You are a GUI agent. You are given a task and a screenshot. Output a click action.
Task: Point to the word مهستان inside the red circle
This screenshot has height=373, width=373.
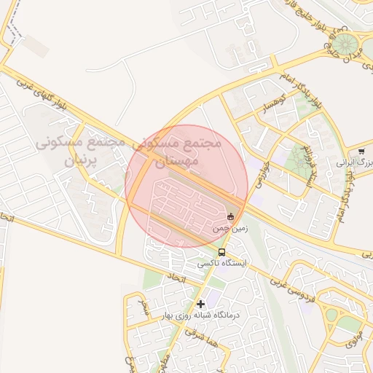[173, 160]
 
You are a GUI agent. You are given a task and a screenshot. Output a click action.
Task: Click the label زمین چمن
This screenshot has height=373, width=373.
[230, 228]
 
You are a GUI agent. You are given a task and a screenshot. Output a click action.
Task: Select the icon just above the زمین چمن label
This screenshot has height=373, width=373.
[231, 216]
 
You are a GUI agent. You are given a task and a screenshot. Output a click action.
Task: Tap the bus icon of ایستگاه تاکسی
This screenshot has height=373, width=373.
[221, 253]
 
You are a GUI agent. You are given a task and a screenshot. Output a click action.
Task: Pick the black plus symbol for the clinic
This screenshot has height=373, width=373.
[201, 303]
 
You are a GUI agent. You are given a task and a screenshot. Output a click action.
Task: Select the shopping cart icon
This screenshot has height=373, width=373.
[361, 152]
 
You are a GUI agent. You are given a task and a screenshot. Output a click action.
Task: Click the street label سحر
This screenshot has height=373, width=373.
[145, 302]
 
